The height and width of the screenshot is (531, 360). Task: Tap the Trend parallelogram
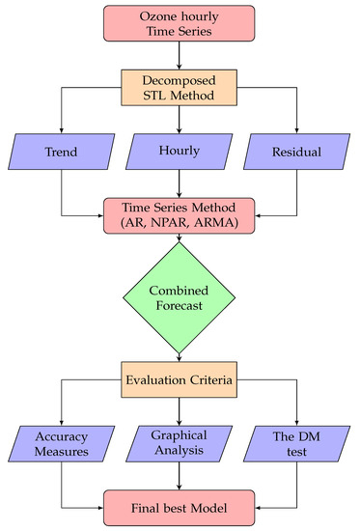click(x=62, y=153)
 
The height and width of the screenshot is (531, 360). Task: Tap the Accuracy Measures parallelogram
click(x=62, y=443)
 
